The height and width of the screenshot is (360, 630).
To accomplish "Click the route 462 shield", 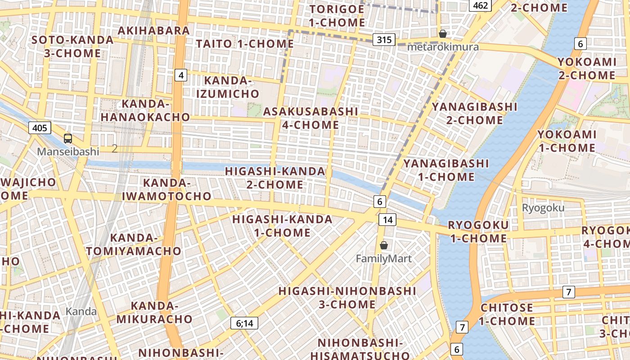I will (x=481, y=5).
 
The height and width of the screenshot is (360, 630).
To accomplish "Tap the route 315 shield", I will (x=384, y=40).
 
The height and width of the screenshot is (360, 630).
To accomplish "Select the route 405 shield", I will (x=40, y=128).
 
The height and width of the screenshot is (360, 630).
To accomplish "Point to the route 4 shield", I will (x=181, y=75).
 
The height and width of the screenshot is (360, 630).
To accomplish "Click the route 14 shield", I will (x=387, y=220).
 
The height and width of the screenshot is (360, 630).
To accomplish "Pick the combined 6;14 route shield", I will (x=244, y=323).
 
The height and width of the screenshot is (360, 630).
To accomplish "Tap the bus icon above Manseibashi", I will (x=68, y=139).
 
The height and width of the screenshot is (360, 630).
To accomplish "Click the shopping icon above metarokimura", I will (x=443, y=34).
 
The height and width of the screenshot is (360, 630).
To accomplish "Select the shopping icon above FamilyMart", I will (x=384, y=245).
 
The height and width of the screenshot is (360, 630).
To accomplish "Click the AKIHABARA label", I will (x=154, y=31).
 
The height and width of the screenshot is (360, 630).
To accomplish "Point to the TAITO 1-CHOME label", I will (x=245, y=44).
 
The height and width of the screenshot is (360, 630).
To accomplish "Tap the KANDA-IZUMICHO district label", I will (x=232, y=87).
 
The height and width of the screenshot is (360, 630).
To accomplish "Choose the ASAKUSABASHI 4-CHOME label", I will (x=310, y=118).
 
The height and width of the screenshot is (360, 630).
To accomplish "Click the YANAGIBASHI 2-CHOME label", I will (x=474, y=113).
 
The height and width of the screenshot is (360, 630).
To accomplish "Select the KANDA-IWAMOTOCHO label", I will (x=166, y=189).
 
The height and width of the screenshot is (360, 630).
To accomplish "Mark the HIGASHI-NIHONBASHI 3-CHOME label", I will (x=347, y=297).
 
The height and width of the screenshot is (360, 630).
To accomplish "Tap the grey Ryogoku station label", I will (x=543, y=208).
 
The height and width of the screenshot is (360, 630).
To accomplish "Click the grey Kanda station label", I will (x=81, y=311).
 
